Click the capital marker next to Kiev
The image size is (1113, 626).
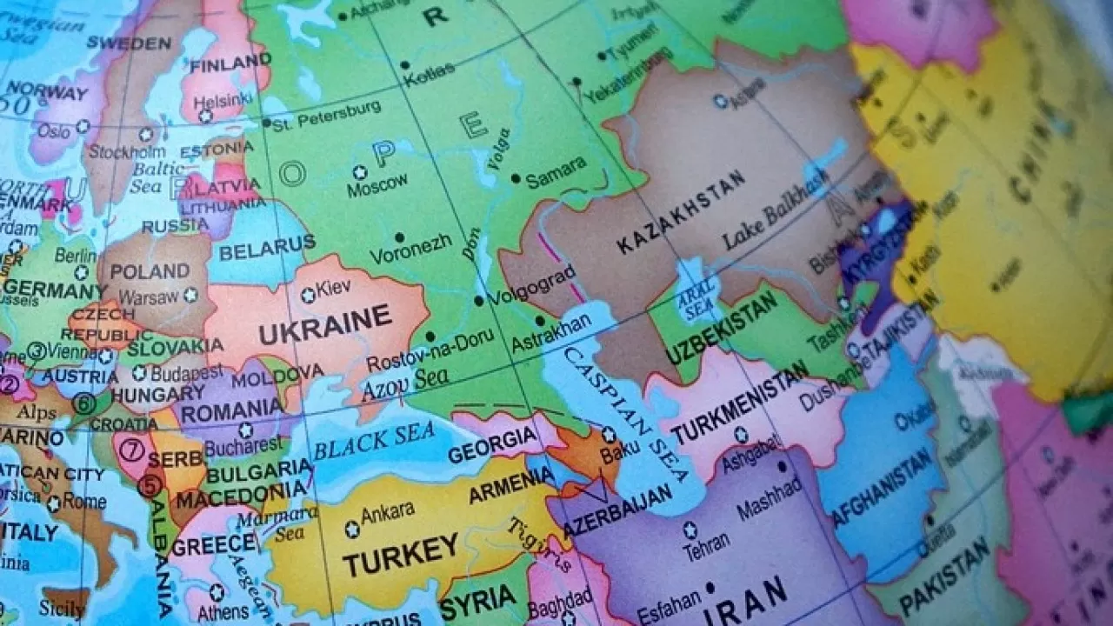[x=308, y=296]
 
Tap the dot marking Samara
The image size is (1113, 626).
[x=516, y=179]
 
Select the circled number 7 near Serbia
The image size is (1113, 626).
[x=131, y=450]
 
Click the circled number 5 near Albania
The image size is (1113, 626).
[x=150, y=485]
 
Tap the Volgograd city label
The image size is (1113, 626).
[x=531, y=286]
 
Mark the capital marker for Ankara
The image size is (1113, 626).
[x=352, y=529]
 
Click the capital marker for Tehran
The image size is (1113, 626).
[x=690, y=529]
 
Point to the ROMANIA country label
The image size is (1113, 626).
[x=232, y=410]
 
